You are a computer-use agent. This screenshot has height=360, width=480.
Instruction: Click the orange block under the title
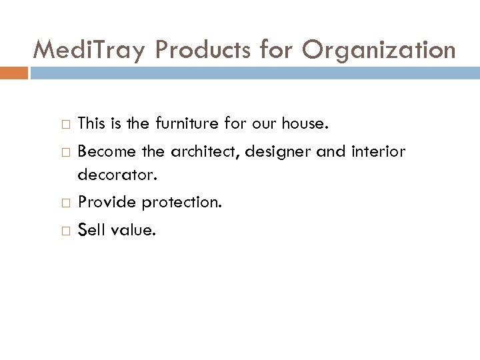point(15,73)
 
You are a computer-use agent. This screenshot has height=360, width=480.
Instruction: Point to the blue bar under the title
point(254,73)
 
